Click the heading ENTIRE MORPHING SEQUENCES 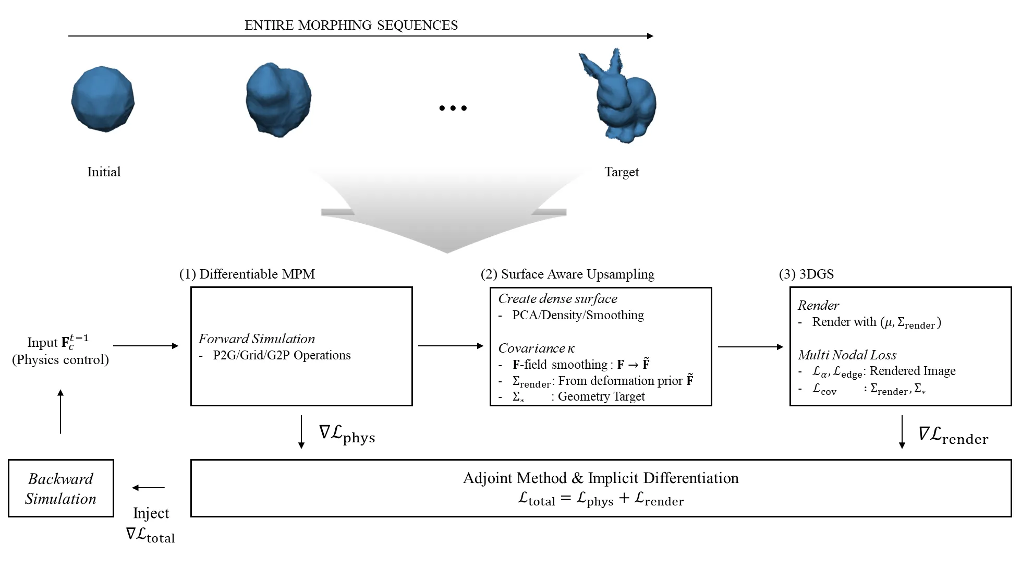pyautogui.click(x=351, y=25)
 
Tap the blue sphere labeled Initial pyautogui.click(x=103, y=99)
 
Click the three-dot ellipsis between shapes pyautogui.click(x=453, y=108)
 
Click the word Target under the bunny pyautogui.click(x=622, y=172)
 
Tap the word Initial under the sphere pyautogui.click(x=104, y=172)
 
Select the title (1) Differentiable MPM pyautogui.click(x=247, y=274)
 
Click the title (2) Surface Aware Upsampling pyautogui.click(x=567, y=274)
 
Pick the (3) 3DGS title pyautogui.click(x=806, y=274)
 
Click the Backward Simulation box pyautogui.click(x=61, y=488)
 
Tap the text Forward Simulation pyautogui.click(x=257, y=339)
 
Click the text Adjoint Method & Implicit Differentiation pyautogui.click(x=601, y=478)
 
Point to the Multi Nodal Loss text pyautogui.click(x=847, y=355)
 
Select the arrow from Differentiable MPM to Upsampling pyautogui.click(x=451, y=345)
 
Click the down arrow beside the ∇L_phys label pyautogui.click(x=301, y=432)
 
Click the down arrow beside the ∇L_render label pyautogui.click(x=902, y=432)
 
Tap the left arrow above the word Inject pyautogui.click(x=149, y=488)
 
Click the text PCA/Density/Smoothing pyautogui.click(x=578, y=315)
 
